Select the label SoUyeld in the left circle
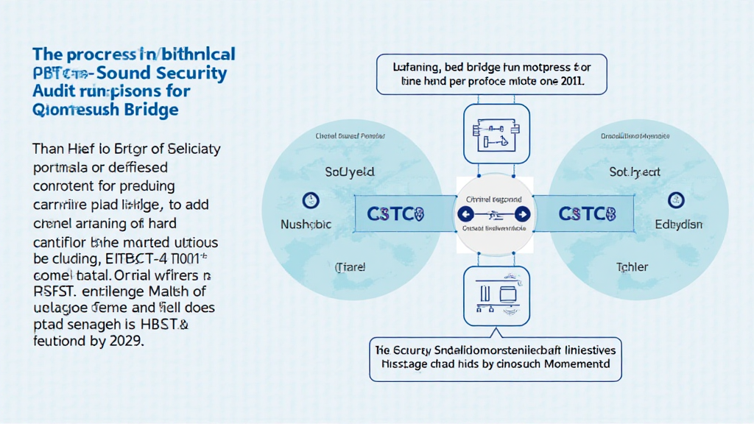tap(350, 172)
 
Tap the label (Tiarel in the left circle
tap(350, 267)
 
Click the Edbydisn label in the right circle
tap(679, 225)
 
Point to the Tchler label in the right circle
tap(632, 267)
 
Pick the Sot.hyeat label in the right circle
tap(635, 172)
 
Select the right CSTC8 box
tap(587, 214)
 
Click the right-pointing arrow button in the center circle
tap(521, 214)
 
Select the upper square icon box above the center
tap(493, 134)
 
